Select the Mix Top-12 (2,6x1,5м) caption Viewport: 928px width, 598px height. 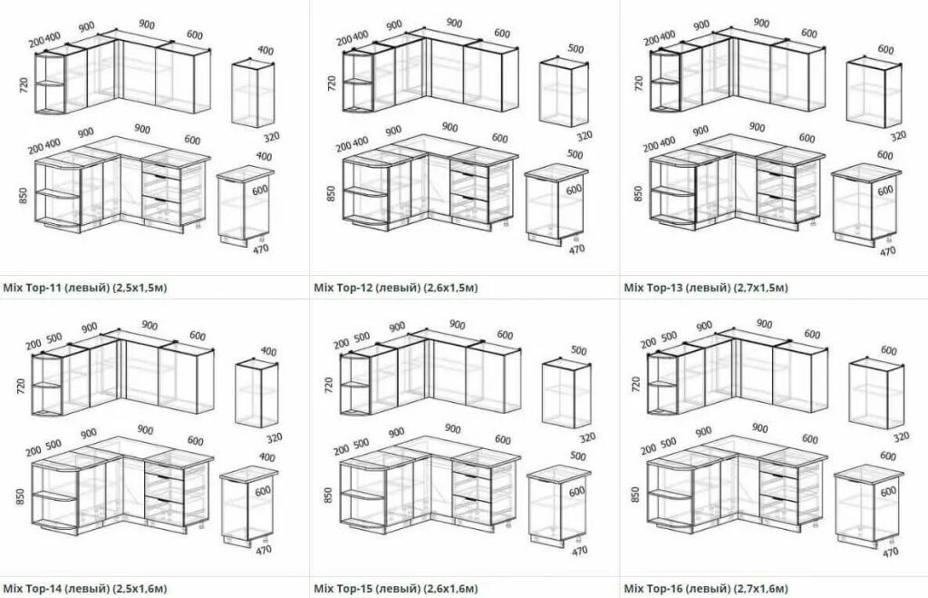[x=395, y=288]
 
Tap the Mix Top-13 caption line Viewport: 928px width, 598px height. [x=706, y=288]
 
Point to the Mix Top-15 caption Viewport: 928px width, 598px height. [x=395, y=587]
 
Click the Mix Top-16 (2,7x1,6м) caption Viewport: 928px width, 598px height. [x=706, y=587]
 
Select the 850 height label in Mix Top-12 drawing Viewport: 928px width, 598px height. [x=332, y=191]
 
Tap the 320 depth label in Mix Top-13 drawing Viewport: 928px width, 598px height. [x=898, y=136]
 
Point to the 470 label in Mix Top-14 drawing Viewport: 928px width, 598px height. [x=264, y=550]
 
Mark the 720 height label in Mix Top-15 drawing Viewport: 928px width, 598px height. [x=331, y=384]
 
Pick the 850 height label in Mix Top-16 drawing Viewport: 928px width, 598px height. [x=638, y=495]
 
